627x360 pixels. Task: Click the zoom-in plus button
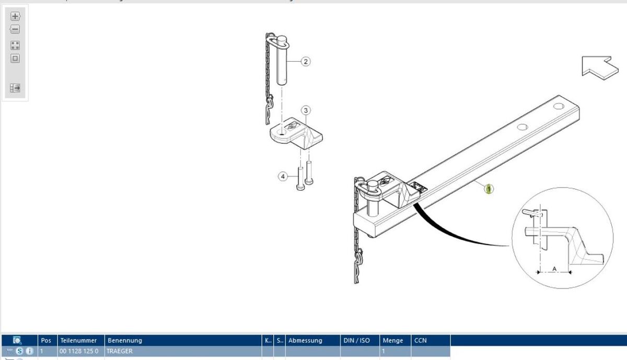[x=15, y=16]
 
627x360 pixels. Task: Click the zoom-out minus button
[x=15, y=29]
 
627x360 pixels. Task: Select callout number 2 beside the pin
[x=306, y=62]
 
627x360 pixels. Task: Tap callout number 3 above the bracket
[x=306, y=110]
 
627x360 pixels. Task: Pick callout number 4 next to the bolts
[x=283, y=177]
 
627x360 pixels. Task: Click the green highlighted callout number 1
[x=489, y=189]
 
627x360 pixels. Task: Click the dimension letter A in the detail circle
[x=554, y=268]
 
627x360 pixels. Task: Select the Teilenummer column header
[x=78, y=340]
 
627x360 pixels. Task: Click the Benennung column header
[x=125, y=340]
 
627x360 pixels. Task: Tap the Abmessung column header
[x=306, y=340]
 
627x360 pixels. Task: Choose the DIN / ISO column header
[x=356, y=340]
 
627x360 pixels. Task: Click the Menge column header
[x=393, y=340]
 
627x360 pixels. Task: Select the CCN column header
[x=421, y=340]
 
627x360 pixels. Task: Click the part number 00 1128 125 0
[x=79, y=351]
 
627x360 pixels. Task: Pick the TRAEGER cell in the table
[x=120, y=351]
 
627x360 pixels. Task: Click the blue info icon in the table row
[x=30, y=351]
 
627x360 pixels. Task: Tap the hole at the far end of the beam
[x=559, y=107]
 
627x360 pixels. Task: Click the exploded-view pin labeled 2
[x=282, y=60]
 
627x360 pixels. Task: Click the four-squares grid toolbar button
[x=15, y=45]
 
